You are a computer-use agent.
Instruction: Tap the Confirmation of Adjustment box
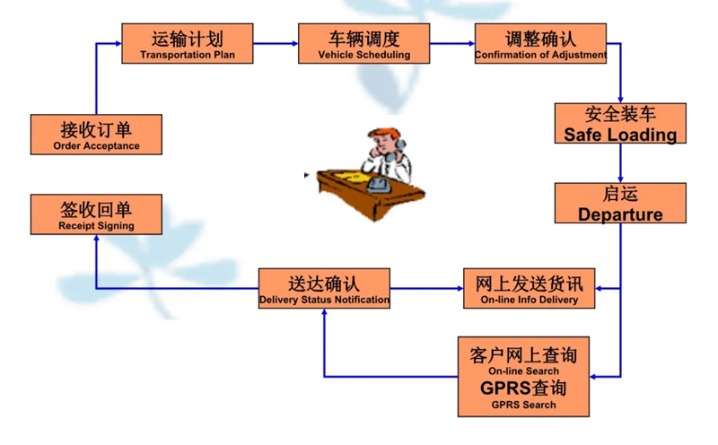point(539,43)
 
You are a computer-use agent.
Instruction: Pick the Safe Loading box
point(620,124)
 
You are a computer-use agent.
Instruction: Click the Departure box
point(620,204)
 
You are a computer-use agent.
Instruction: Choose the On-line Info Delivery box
point(528,289)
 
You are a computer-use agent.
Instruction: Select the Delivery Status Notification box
point(324,289)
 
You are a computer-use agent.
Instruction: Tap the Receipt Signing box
point(96,215)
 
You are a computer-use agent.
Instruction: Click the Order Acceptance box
point(96,135)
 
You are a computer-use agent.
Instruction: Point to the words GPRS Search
point(522,405)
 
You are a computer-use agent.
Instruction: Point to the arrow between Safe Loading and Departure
point(620,165)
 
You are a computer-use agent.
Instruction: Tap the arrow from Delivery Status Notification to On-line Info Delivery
point(426,289)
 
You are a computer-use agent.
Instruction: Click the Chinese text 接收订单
point(96,127)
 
